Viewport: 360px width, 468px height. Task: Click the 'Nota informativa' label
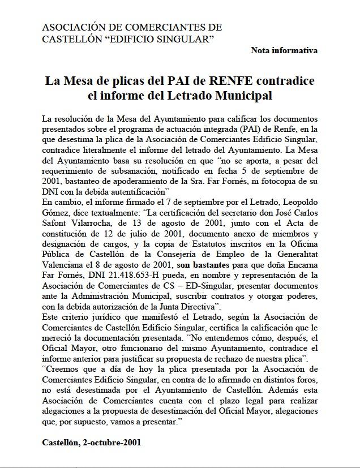pyautogui.click(x=284, y=50)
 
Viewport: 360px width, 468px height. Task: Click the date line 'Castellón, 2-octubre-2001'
pyautogui.click(x=91, y=442)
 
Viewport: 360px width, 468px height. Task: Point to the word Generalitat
pyautogui.click(x=293, y=254)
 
